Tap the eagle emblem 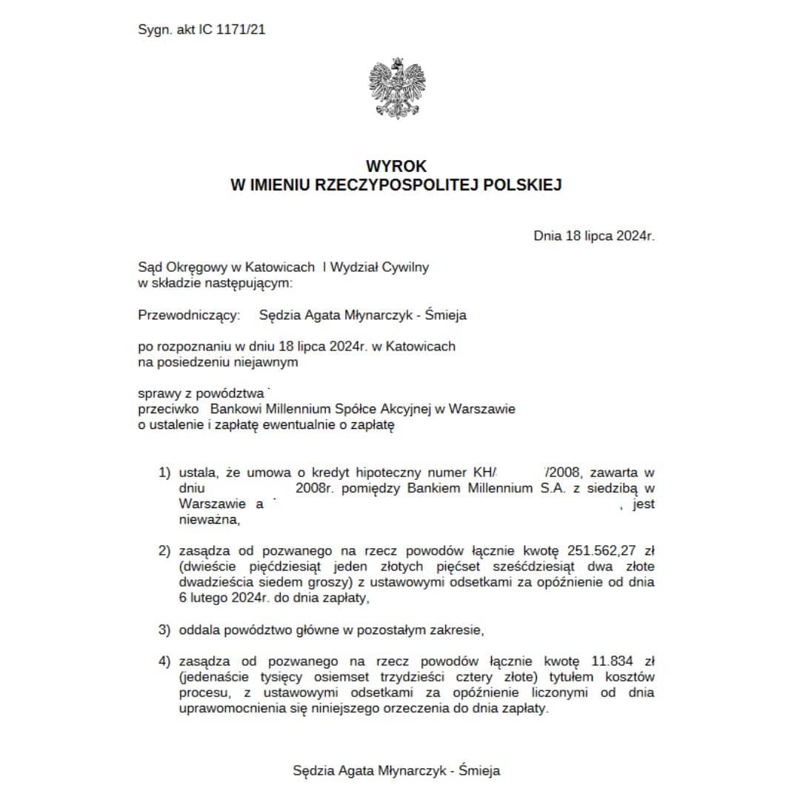point(397,89)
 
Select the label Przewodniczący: point(189,316)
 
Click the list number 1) point(164,473)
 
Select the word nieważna point(210,520)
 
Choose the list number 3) point(164,630)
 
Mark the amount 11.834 point(611,661)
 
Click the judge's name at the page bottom point(396,770)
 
